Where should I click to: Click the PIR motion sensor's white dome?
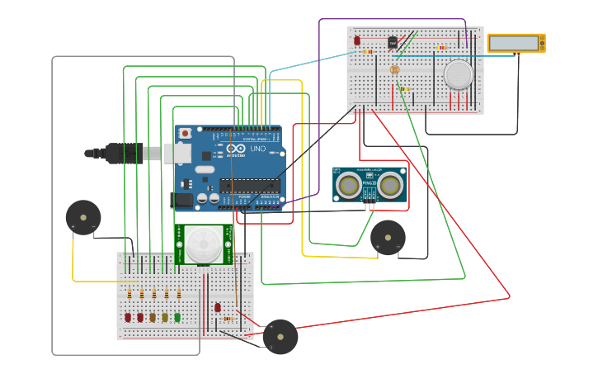tap(203, 244)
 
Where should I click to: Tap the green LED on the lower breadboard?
tap(177, 317)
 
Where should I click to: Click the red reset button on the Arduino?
tap(186, 133)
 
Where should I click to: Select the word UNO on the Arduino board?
tap(258, 149)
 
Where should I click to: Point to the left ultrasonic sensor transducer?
tap(349, 186)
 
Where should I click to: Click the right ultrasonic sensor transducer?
tap(391, 185)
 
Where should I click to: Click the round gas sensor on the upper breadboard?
tap(458, 74)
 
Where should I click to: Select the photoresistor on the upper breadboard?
tap(394, 69)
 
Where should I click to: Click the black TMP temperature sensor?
tap(393, 41)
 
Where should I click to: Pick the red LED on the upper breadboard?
tap(357, 40)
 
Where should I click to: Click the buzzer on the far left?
tap(83, 217)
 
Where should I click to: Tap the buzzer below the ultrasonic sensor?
tap(388, 237)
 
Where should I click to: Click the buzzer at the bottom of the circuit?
tap(280, 336)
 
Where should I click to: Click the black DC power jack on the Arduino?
tap(181, 200)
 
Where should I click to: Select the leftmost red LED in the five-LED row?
tap(128, 317)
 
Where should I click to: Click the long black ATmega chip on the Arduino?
tap(249, 186)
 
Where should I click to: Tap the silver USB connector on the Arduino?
tap(176, 153)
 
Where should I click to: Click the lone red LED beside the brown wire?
tap(218, 307)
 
